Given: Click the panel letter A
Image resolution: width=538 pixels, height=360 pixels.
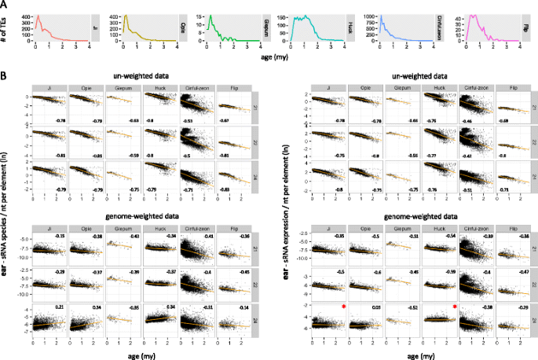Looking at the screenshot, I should coord(5,4).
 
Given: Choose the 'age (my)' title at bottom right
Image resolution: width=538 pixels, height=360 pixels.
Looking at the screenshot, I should coord(401,352).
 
